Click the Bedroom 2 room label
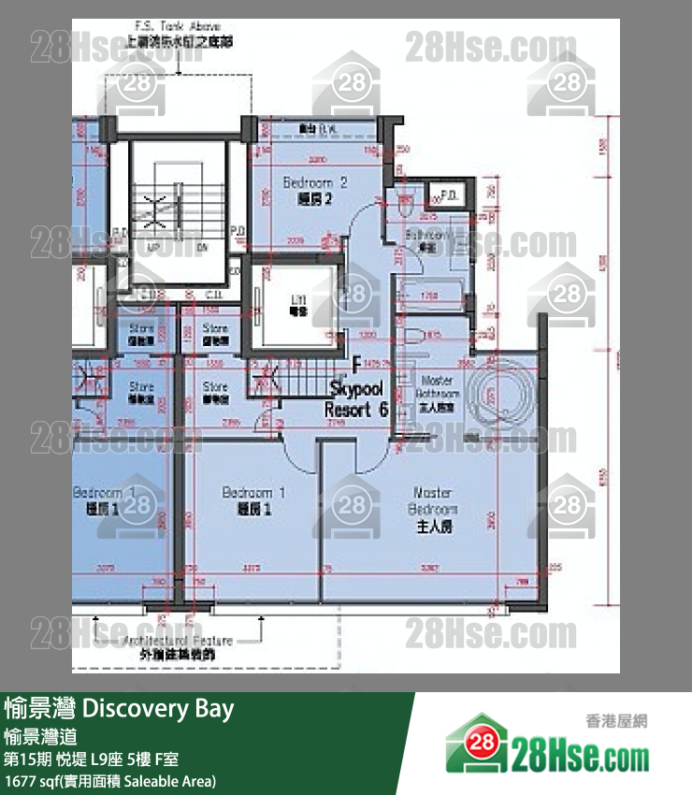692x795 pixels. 315,190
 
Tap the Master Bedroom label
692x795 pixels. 433,509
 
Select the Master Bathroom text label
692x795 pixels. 437,394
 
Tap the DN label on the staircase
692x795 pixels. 201,249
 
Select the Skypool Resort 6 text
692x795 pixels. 356,397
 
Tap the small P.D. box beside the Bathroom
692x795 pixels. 445,197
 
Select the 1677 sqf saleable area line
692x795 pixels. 110,780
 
